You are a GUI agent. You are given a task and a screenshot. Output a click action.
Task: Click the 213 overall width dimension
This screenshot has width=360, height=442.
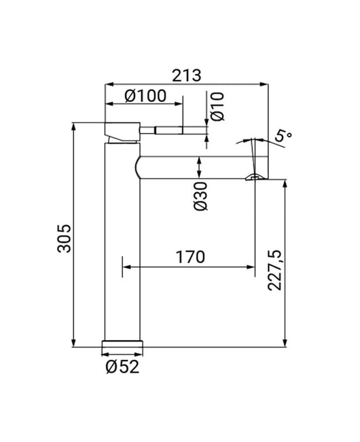point(185,75)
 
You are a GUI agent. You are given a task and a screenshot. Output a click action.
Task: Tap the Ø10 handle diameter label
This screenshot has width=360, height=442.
point(216,107)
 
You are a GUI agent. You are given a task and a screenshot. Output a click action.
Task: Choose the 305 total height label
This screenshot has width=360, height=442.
point(63,238)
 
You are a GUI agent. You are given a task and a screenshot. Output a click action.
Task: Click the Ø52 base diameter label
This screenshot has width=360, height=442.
point(122,367)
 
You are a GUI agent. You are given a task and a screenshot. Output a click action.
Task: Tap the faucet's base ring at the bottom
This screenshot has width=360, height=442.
point(123,344)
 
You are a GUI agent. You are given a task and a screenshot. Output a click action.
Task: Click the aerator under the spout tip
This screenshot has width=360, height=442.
point(255,178)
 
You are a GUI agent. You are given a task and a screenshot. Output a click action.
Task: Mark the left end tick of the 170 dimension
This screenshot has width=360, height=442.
point(123,266)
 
